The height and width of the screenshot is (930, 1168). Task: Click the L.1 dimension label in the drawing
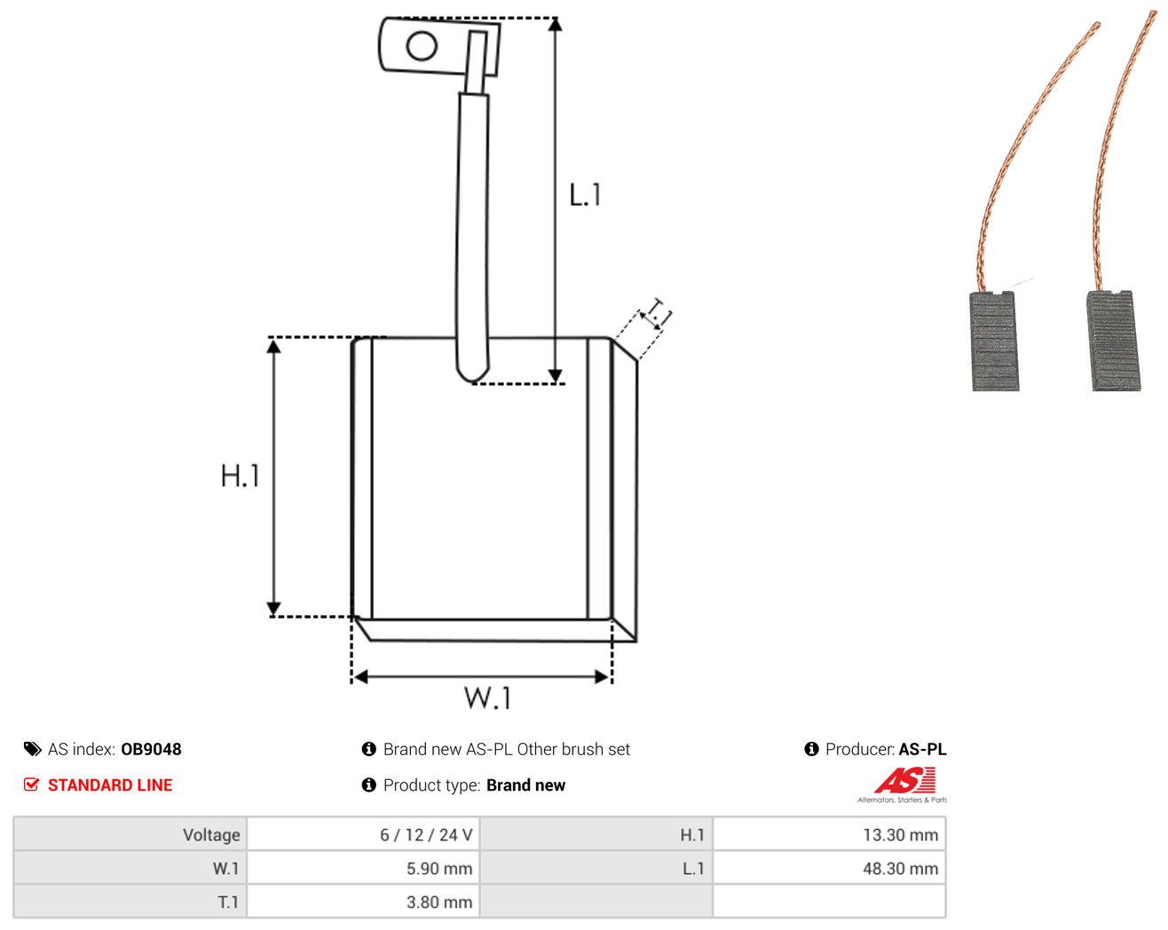[585, 195]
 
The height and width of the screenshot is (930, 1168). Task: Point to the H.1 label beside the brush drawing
[240, 476]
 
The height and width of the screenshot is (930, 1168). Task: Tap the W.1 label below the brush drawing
[487, 697]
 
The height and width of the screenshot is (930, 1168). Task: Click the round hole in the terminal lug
[422, 45]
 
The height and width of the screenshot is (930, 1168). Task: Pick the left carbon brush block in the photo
[994, 341]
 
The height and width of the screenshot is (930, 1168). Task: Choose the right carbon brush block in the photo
[1113, 340]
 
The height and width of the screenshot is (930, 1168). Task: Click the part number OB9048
[151, 749]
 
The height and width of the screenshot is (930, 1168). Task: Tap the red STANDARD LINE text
[110, 784]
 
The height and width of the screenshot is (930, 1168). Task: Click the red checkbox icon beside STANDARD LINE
[31, 784]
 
